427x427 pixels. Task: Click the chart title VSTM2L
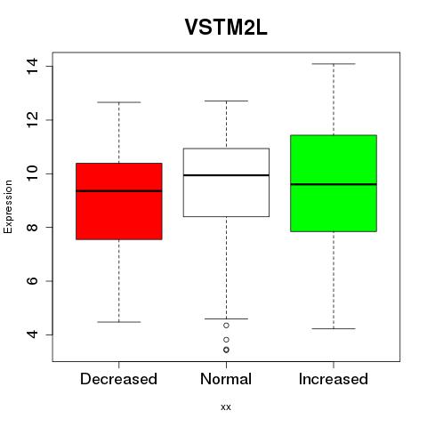pos(226,27)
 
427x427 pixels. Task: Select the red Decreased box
pos(119,201)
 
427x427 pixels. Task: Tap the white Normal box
pos(226,182)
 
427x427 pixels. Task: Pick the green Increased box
pos(334,183)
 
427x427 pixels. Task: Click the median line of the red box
pos(119,191)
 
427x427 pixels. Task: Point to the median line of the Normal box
pos(226,175)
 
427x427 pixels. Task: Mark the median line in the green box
pos(334,184)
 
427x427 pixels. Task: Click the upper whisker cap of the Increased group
pos(334,64)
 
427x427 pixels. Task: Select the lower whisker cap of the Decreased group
pos(119,322)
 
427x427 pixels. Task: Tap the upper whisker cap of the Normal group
pos(226,101)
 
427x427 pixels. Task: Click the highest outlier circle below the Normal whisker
pos(226,326)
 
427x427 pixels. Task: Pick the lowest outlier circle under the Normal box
pos(226,350)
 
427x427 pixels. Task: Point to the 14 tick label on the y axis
pos(32,66)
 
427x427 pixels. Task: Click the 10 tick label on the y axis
pos(32,173)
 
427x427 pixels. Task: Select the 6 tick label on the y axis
pos(32,281)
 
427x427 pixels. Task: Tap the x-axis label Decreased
pos(118,379)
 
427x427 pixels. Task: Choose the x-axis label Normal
pos(226,379)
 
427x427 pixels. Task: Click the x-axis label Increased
pos(334,379)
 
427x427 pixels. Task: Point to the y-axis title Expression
pos(8,206)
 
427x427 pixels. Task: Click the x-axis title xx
pos(226,407)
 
